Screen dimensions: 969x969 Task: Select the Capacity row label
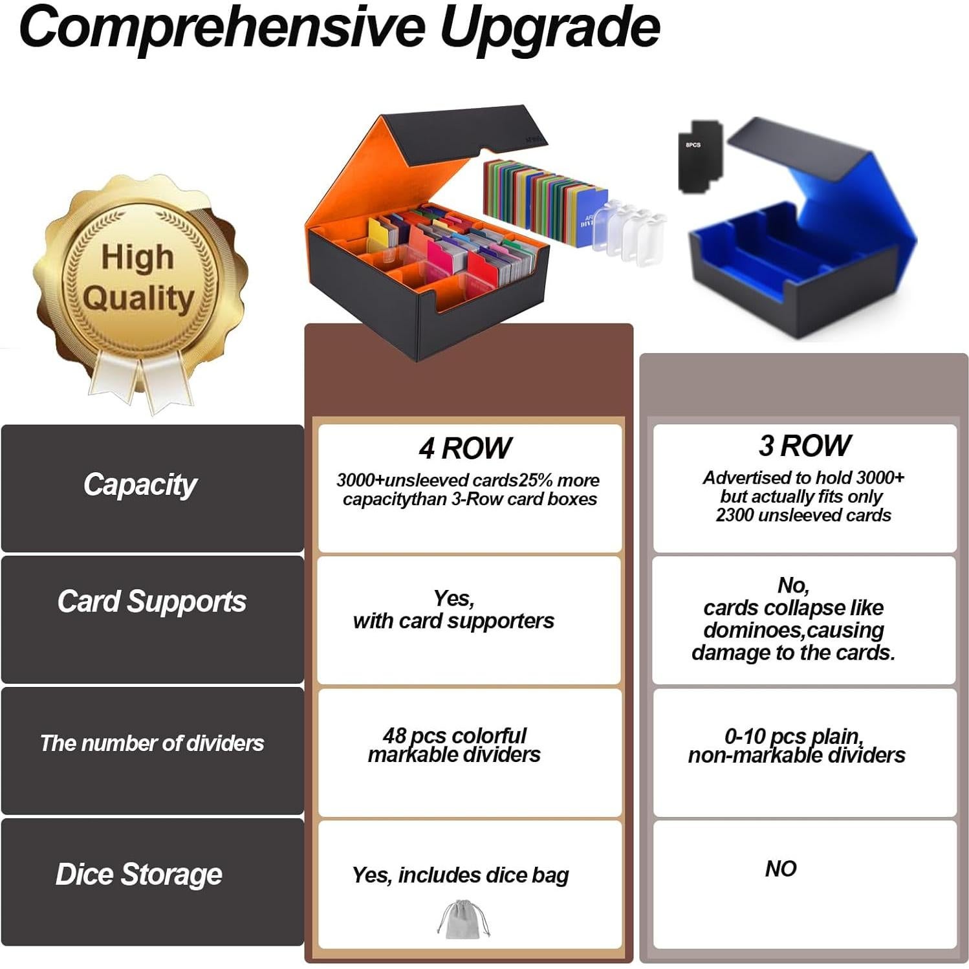140,485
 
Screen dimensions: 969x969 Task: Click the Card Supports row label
152,602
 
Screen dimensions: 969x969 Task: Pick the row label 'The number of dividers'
152,743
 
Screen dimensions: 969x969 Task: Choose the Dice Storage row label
139,875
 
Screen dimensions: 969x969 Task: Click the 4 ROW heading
465,448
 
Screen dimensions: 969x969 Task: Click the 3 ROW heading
805,446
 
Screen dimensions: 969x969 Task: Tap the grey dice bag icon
464,919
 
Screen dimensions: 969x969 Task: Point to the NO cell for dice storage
781,869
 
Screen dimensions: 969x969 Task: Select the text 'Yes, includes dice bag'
461,875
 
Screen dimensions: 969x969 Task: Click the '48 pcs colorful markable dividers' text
454,745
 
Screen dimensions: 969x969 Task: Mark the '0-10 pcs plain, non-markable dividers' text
797,746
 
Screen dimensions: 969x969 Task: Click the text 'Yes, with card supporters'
453,610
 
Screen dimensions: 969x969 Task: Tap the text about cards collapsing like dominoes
794,619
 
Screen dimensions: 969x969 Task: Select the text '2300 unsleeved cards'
803,516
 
